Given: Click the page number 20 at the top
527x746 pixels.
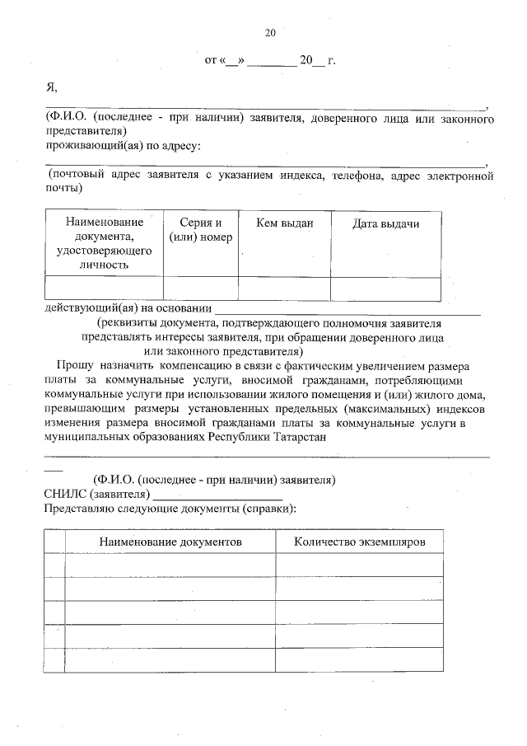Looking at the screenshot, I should coord(269,34).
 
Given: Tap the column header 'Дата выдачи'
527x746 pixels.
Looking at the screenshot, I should coord(385,223).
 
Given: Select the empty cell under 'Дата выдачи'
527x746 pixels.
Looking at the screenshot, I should coord(385,288).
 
